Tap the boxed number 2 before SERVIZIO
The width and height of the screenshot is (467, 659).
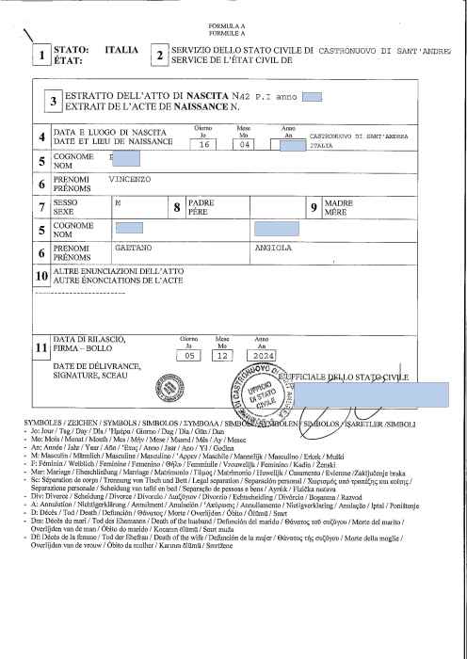tap(160, 55)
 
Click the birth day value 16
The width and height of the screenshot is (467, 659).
tap(202, 146)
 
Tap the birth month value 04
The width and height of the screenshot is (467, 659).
tap(245, 146)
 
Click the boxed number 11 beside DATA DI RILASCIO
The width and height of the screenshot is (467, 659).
tap(40, 348)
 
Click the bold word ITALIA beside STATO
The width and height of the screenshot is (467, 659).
tap(122, 48)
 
